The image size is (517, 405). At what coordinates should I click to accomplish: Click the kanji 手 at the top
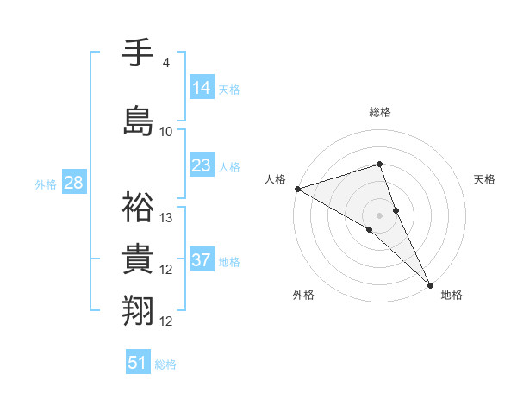tap(138, 53)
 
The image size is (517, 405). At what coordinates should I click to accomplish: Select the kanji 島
tap(138, 120)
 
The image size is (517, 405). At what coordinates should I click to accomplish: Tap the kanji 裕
tap(138, 206)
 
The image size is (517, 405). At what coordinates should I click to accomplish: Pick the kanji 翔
tap(138, 310)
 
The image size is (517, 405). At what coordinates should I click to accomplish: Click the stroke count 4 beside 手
tap(165, 63)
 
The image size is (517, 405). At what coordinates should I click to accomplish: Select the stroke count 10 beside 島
tap(166, 132)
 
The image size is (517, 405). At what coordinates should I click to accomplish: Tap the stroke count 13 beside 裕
tap(167, 218)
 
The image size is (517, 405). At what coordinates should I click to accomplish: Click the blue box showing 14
tap(202, 87)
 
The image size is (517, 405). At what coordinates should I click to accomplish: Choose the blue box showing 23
tap(202, 165)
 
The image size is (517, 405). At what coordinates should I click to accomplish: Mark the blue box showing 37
tap(202, 260)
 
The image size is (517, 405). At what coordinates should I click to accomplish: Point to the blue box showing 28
tap(73, 182)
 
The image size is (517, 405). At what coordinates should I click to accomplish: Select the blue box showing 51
tap(138, 363)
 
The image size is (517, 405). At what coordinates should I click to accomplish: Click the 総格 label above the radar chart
tap(380, 112)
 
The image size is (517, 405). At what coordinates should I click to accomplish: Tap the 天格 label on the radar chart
tap(485, 179)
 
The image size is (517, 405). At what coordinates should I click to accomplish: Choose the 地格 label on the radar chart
tap(452, 295)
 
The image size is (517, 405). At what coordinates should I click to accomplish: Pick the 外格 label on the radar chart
tap(303, 295)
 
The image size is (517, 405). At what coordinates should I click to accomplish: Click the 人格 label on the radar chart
tap(276, 179)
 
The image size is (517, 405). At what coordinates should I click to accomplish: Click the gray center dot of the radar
tap(379, 215)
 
